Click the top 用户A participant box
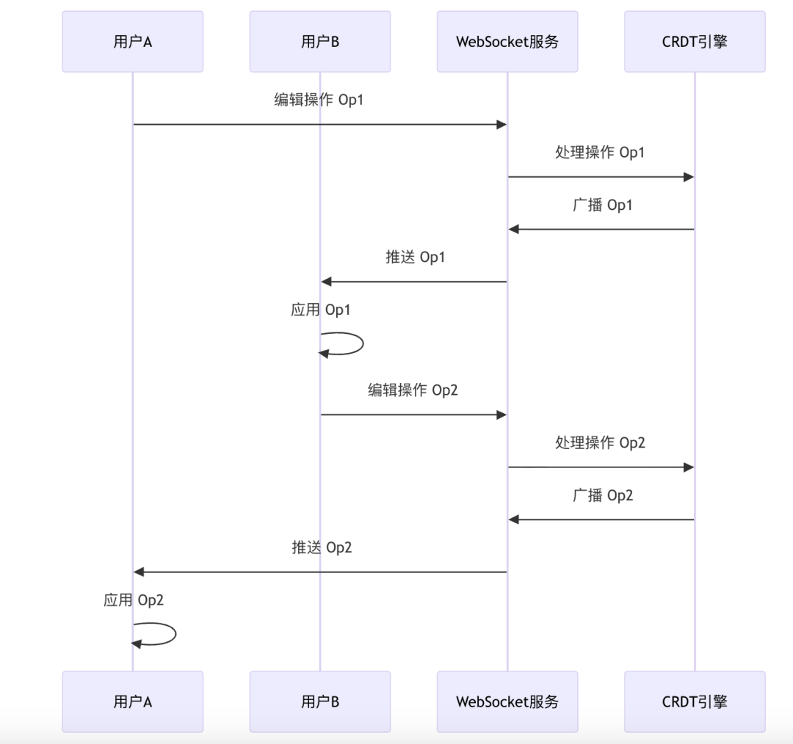132,42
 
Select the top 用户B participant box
320,42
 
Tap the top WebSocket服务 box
507,42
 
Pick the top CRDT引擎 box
695,42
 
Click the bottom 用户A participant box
132,701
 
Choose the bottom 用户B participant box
320,701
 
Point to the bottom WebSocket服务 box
507,701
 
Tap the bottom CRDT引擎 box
695,701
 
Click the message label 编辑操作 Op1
319,101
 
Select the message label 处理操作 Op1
601,153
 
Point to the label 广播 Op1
602,205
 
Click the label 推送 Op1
415,258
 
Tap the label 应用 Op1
321,310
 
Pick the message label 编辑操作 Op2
413,390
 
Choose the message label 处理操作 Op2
601,442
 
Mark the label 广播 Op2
602,495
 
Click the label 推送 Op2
322,547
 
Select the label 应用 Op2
134,600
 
